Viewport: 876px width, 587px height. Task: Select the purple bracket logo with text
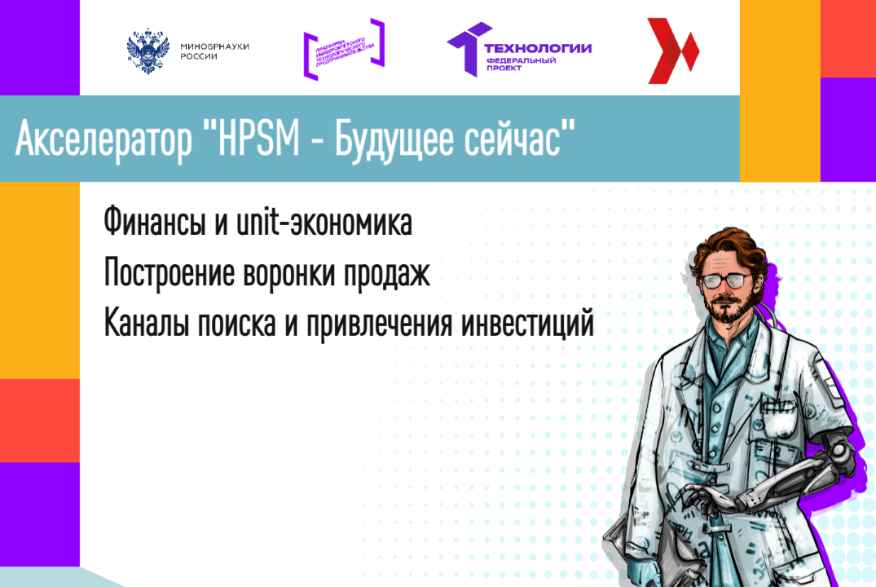tap(343, 49)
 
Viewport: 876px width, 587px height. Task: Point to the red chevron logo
tap(672, 51)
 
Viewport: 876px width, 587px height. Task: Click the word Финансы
tap(153, 223)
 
